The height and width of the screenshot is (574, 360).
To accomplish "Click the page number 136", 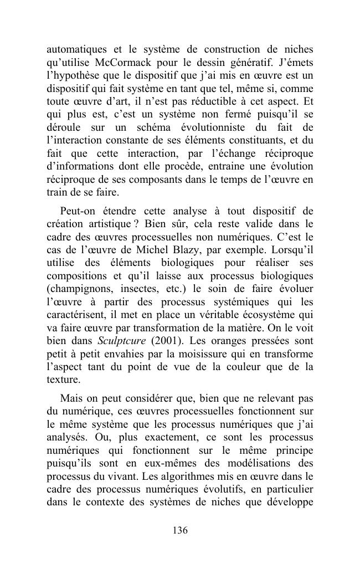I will [180, 530].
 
